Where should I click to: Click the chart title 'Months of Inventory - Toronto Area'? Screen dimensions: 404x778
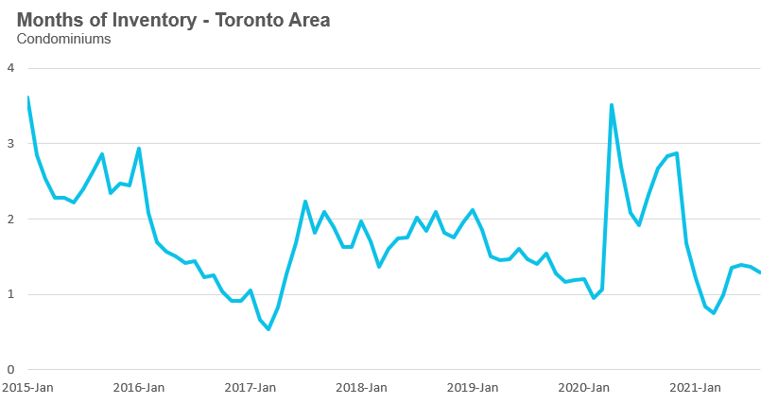pos(173,20)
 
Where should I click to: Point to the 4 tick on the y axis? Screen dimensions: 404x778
pos(10,68)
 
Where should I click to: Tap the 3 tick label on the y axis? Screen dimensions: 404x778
pos(10,144)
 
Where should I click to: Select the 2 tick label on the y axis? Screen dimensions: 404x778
pos(10,219)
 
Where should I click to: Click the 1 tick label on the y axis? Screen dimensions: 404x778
pos(10,294)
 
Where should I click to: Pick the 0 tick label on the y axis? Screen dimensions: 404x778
pos(10,369)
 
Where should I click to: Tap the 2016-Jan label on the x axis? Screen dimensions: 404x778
pos(139,387)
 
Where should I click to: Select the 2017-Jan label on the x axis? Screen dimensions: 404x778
pos(251,387)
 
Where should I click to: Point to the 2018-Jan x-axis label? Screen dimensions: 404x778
pos(362,387)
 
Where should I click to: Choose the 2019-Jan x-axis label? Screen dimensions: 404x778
pos(473,387)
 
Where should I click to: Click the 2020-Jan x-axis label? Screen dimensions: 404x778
pos(584,387)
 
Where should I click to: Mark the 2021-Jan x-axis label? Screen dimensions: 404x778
pos(696,387)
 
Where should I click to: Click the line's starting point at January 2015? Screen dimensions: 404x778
pos(28,97)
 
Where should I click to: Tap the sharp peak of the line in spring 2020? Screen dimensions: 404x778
pos(612,105)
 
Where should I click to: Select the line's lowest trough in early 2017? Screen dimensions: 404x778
pos(268,329)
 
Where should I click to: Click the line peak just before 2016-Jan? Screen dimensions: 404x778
pos(139,149)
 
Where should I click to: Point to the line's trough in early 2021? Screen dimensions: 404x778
pos(714,313)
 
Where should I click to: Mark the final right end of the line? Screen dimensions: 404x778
pos(760,272)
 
